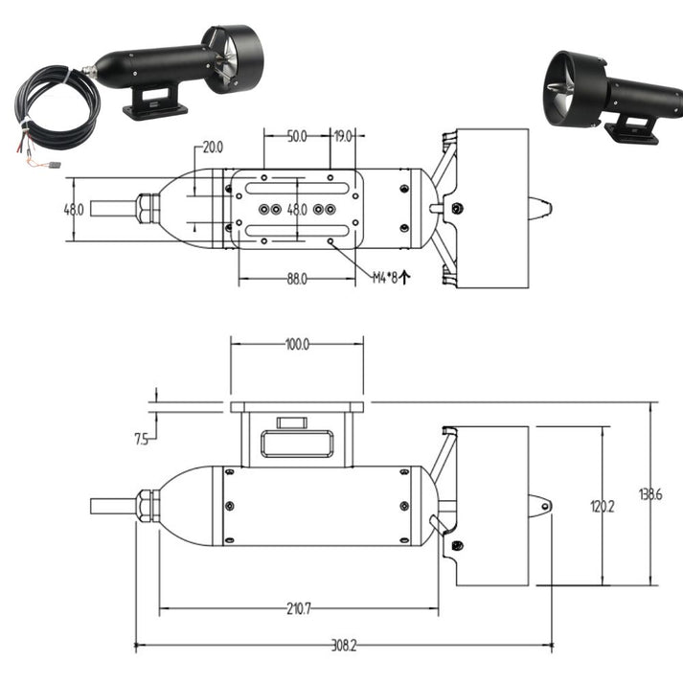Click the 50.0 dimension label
[297, 137]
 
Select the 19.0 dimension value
[343, 137]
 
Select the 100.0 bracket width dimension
[297, 345]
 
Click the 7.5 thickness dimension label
[142, 440]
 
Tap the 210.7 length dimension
[298, 608]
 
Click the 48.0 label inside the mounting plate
[297, 209]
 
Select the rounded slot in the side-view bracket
[297, 444]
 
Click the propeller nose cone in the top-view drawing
[541, 207]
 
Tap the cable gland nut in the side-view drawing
[147, 506]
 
